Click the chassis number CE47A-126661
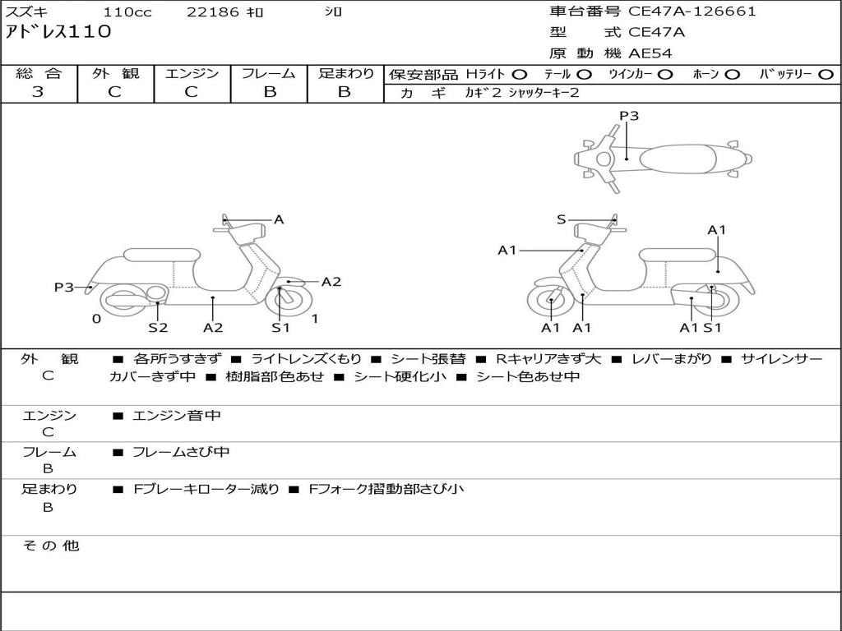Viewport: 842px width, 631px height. pyautogui.click(x=692, y=12)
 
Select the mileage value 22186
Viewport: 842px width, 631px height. pyautogui.click(x=213, y=12)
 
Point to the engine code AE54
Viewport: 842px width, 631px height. pyautogui.click(x=650, y=53)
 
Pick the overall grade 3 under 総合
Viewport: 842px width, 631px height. pyautogui.click(x=38, y=92)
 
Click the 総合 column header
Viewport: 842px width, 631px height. pyautogui.click(x=39, y=73)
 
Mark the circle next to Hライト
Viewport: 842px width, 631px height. pyautogui.click(x=520, y=74)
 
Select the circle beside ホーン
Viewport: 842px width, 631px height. pyautogui.click(x=732, y=74)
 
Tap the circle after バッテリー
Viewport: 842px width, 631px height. pyautogui.click(x=826, y=74)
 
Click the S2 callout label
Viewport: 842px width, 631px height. pyautogui.click(x=158, y=328)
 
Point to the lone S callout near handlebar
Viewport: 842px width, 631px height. pyautogui.click(x=561, y=219)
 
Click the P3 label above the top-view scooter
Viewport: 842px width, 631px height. pyautogui.click(x=629, y=116)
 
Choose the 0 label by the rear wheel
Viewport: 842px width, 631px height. pyautogui.click(x=96, y=319)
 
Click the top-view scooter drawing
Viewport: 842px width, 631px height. pyautogui.click(x=662, y=158)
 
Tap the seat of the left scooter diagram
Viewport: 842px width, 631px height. pyautogui.click(x=161, y=255)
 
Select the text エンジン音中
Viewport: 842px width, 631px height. pyautogui.click(x=177, y=416)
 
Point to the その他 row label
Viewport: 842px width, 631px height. pyautogui.click(x=51, y=546)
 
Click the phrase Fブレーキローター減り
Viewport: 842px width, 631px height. pyautogui.click(x=206, y=489)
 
